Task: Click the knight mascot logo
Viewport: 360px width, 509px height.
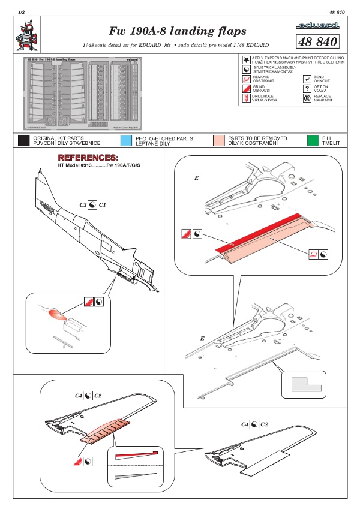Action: [25, 35]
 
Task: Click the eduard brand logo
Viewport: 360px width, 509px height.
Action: [317, 26]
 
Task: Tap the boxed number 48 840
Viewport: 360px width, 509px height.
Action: [317, 40]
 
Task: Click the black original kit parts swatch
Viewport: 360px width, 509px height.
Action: [24, 141]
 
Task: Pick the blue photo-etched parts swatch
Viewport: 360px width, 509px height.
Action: [126, 141]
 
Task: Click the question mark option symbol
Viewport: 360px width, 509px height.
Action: [308, 88]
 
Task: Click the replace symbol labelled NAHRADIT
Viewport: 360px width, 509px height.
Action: [307, 98]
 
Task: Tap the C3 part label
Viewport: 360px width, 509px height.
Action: [83, 204]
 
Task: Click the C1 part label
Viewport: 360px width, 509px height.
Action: [103, 204]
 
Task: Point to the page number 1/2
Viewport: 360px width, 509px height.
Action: [22, 12]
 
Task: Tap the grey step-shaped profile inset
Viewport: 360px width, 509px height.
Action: [303, 382]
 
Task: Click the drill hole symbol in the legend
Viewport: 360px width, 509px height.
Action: [246, 98]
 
